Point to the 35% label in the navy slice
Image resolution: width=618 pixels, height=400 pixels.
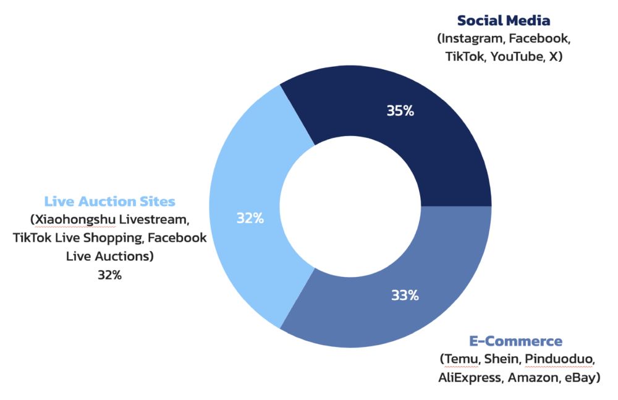coord(400,111)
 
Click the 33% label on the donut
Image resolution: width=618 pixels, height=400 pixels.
coord(405,295)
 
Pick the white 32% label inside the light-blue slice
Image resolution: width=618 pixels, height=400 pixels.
coord(250,218)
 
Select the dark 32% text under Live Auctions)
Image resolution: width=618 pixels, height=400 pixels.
coord(109,275)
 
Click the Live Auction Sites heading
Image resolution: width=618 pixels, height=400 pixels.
coord(109,202)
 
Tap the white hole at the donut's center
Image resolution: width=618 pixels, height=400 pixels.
coord(351,206)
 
